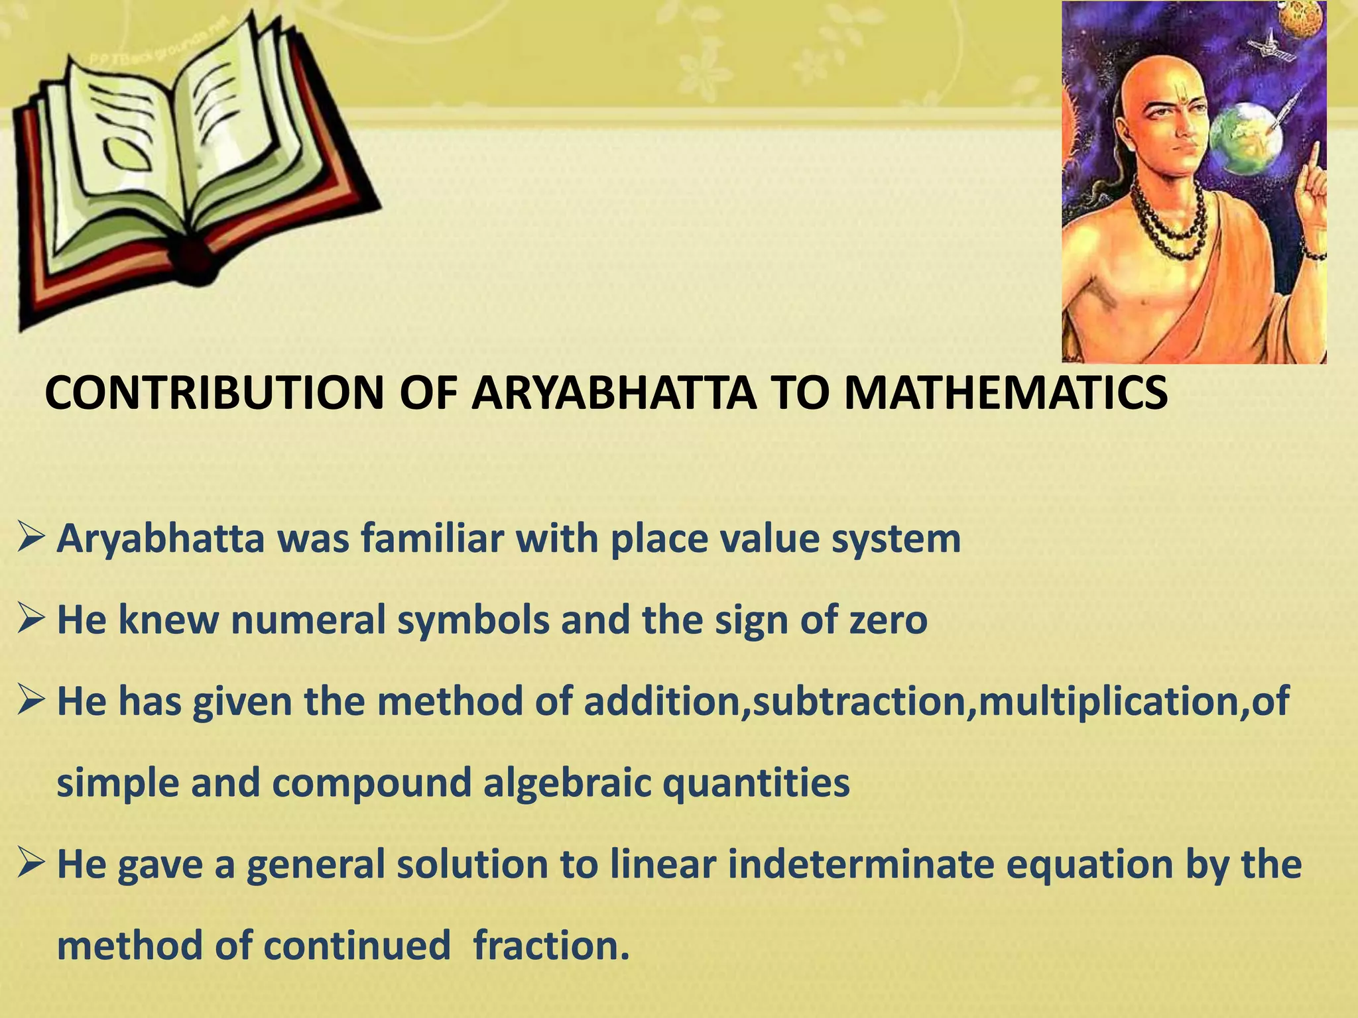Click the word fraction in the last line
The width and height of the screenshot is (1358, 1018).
tap(550, 945)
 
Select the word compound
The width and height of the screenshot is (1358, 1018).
tap(371, 783)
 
